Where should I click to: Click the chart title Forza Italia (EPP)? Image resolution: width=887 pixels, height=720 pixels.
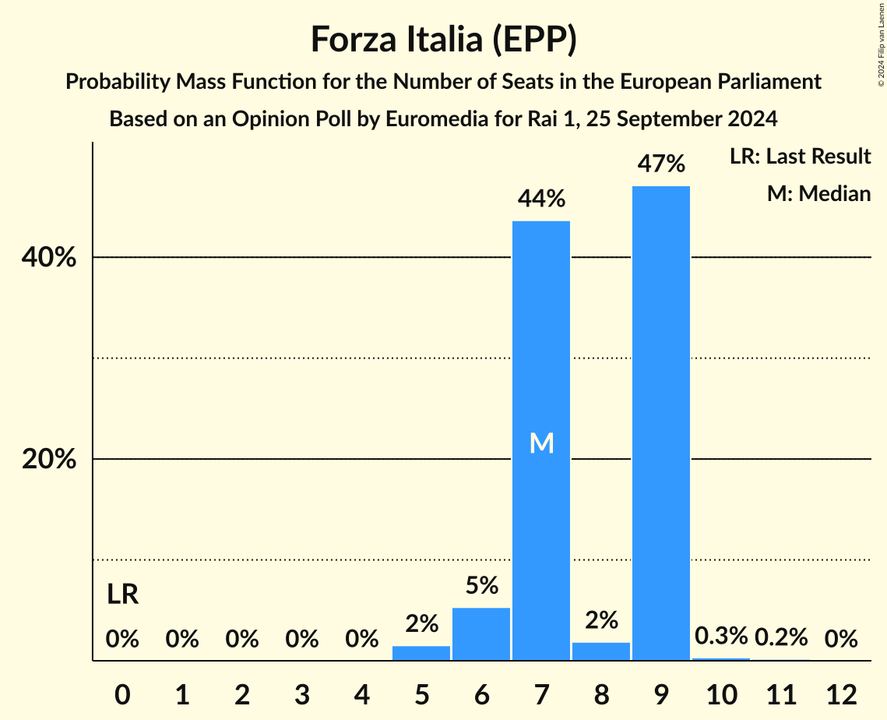[443, 39]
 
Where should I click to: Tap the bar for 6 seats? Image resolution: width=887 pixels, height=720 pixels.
[481, 634]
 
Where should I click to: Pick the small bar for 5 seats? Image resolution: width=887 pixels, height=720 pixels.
[421, 653]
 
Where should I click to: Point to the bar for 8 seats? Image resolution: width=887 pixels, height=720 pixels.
[601, 651]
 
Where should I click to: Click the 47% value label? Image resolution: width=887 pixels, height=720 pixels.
[661, 164]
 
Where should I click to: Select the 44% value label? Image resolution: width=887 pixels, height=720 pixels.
[541, 199]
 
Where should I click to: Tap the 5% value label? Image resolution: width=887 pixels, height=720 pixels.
[481, 586]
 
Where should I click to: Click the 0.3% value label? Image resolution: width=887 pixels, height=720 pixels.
[721, 637]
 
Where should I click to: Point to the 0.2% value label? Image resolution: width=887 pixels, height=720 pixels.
[781, 637]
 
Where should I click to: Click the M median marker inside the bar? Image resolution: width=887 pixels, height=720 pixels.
[541, 443]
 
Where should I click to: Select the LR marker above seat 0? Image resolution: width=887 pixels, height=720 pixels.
[122, 595]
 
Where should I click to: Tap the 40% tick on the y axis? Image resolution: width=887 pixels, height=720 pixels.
[49, 258]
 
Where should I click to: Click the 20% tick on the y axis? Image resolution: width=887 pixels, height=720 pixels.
[49, 460]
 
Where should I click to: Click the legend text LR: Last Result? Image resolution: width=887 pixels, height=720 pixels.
[800, 157]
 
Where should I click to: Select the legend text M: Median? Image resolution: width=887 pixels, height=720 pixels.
[818, 193]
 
